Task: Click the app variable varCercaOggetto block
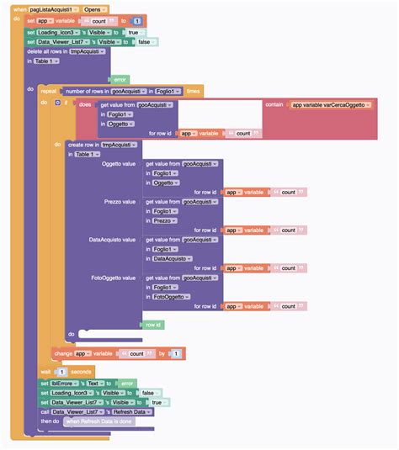[x=329, y=104]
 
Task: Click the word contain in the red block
[x=274, y=104]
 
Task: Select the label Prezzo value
[x=118, y=203]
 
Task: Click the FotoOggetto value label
[x=113, y=278]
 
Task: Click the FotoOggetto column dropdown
[x=172, y=297]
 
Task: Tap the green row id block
[x=153, y=324]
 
